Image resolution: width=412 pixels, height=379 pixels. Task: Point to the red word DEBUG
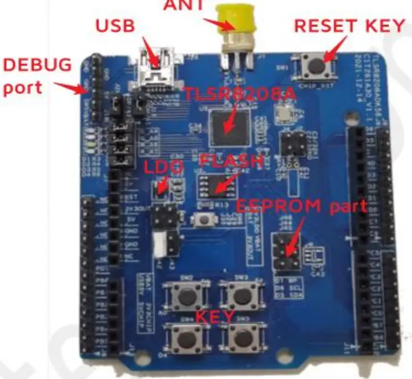[37, 65]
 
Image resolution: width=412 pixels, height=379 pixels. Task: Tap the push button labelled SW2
[187, 295]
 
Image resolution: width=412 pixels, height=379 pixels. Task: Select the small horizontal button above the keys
[204, 221]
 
